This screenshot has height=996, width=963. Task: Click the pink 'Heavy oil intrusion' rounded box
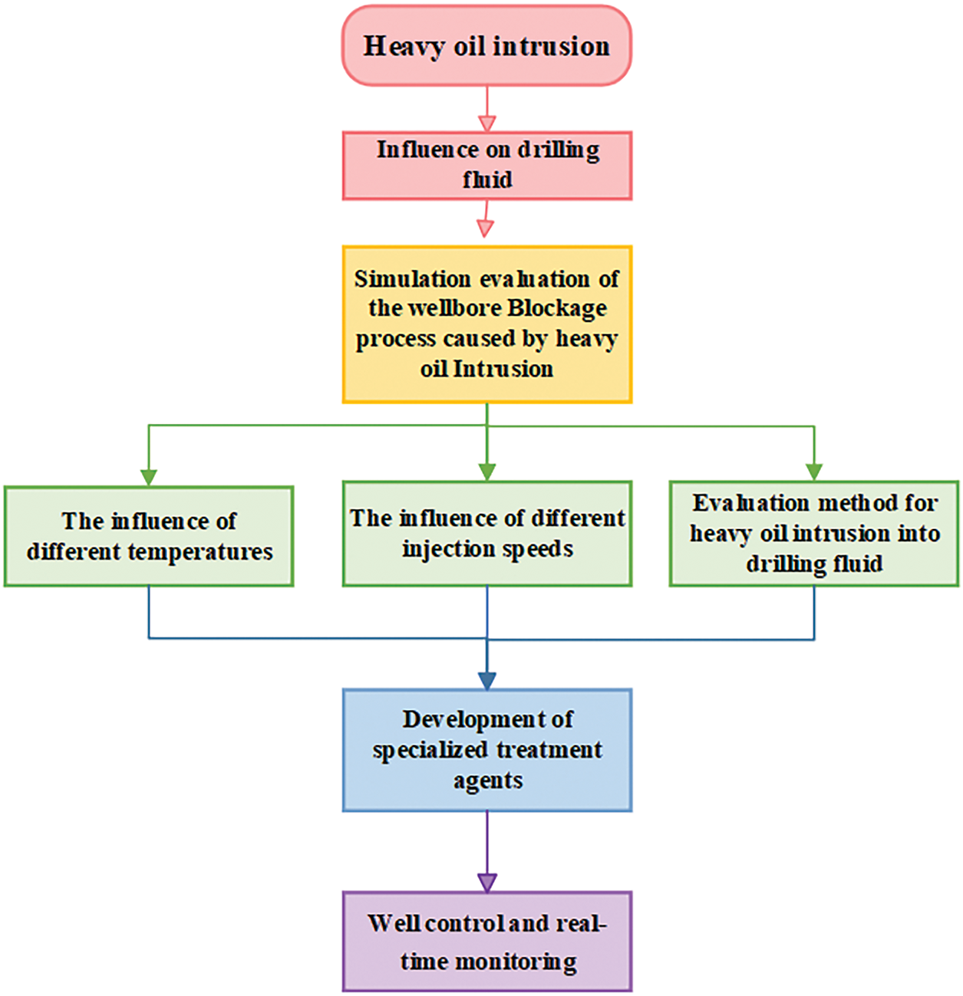486,46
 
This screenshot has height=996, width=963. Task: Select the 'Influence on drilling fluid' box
486,166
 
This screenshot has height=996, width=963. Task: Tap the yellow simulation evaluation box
486,324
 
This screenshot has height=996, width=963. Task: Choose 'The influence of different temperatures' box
149,536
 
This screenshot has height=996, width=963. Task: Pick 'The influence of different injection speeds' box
486,534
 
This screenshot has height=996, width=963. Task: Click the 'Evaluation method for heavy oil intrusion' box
814,534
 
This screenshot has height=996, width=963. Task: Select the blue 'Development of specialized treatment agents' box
486,750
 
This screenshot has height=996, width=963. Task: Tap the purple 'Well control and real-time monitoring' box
486,942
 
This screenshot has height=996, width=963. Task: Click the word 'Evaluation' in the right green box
740,503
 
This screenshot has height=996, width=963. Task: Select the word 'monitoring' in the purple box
516,961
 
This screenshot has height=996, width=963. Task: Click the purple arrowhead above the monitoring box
486,882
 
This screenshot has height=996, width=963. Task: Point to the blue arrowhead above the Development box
486,680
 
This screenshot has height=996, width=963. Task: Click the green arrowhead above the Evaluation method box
814,472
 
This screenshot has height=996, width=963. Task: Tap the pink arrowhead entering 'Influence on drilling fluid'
486,123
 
